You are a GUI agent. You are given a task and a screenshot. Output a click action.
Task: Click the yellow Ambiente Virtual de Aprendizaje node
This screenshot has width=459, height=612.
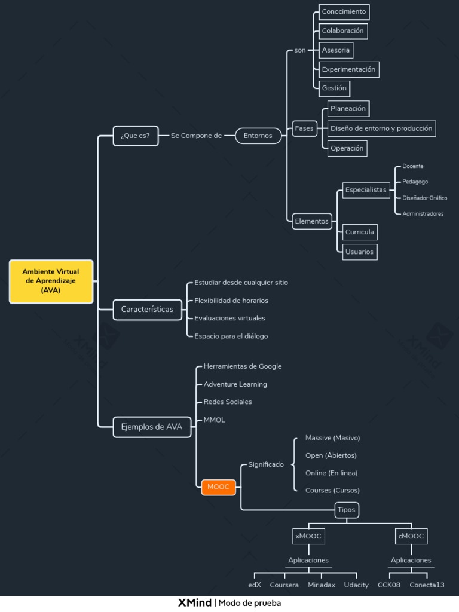click(51, 281)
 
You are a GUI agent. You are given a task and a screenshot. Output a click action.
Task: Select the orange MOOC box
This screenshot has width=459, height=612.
click(219, 487)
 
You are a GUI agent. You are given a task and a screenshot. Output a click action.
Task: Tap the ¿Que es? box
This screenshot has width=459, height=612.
click(136, 136)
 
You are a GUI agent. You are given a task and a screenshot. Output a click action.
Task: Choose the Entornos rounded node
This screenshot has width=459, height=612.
click(258, 136)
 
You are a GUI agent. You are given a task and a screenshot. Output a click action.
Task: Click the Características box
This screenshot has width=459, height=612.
click(147, 310)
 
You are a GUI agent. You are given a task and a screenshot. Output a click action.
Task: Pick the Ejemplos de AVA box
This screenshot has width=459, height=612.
click(152, 427)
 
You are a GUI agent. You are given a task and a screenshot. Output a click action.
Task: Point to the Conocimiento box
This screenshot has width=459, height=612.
click(344, 12)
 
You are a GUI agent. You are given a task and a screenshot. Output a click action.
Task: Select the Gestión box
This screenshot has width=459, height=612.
click(334, 88)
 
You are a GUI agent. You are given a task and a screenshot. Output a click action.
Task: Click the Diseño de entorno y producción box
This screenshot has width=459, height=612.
click(381, 128)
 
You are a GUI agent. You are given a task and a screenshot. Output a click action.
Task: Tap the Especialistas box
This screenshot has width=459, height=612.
click(366, 190)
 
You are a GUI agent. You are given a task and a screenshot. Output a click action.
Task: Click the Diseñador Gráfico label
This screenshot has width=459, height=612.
click(425, 198)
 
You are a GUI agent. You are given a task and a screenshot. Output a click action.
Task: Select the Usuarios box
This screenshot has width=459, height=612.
click(359, 252)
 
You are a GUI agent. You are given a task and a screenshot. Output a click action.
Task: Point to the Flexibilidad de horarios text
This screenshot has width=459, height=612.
click(231, 301)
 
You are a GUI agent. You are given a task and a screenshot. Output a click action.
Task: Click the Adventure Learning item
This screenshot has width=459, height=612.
click(235, 384)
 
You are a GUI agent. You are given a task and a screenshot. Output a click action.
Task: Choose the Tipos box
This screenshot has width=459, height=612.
click(347, 510)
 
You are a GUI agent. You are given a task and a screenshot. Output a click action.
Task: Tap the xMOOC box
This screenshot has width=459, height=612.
click(308, 536)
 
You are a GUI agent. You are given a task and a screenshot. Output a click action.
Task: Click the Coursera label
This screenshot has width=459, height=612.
click(284, 585)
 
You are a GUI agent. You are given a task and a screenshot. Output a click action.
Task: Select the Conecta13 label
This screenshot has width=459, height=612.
click(427, 585)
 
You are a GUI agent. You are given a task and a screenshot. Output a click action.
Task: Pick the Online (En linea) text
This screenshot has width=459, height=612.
click(331, 473)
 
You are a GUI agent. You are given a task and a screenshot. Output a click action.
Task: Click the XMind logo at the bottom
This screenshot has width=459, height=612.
click(195, 603)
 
